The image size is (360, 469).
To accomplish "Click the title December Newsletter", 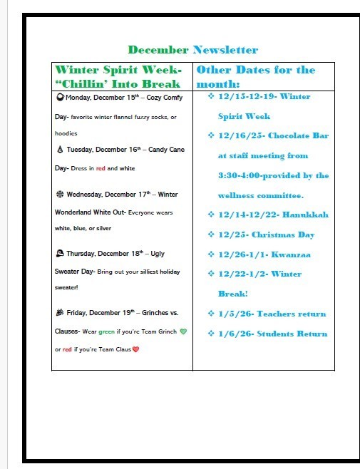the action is point(192,50).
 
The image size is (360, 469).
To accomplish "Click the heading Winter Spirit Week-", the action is point(118,71).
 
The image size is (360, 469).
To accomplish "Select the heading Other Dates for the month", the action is point(255,76).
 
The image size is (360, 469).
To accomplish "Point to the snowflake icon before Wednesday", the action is point(59,194).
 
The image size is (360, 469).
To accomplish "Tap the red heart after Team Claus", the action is point(135,349).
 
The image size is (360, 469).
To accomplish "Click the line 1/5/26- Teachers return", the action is point(272,314).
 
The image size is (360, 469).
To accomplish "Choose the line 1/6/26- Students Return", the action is point(272,334).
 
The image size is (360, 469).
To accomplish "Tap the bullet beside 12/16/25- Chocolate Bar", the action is point(209,135).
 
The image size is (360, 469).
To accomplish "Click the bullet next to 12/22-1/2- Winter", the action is point(209,273).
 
